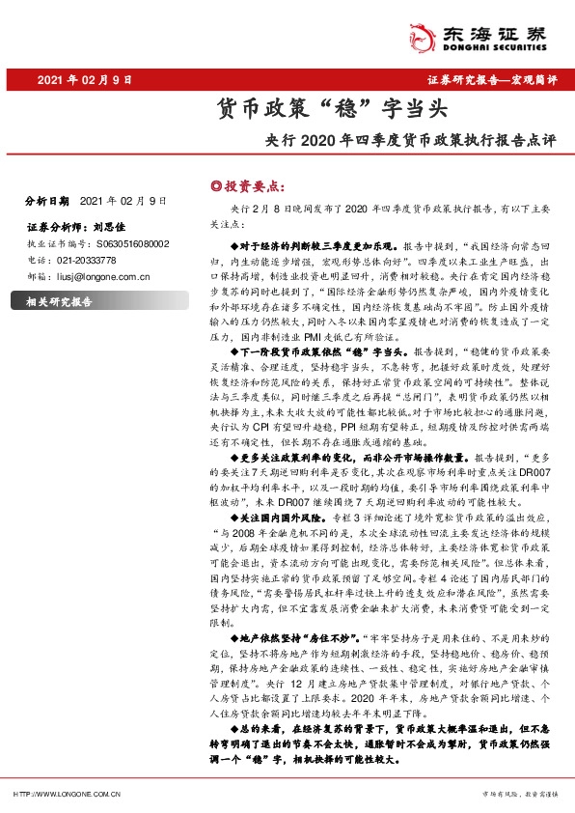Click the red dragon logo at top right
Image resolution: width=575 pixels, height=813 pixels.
tap(422, 34)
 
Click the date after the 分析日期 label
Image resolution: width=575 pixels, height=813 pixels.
tap(124, 201)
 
